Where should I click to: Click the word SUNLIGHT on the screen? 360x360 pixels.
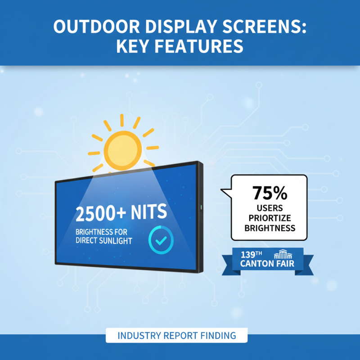[x=112, y=241]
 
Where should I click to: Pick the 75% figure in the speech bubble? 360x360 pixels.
[x=270, y=192]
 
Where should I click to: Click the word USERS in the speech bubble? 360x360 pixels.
[x=270, y=209]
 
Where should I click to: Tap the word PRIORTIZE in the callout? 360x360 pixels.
[x=270, y=218]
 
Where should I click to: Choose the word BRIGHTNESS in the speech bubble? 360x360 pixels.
[x=270, y=228]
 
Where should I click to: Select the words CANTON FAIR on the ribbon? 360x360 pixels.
[x=267, y=264]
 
